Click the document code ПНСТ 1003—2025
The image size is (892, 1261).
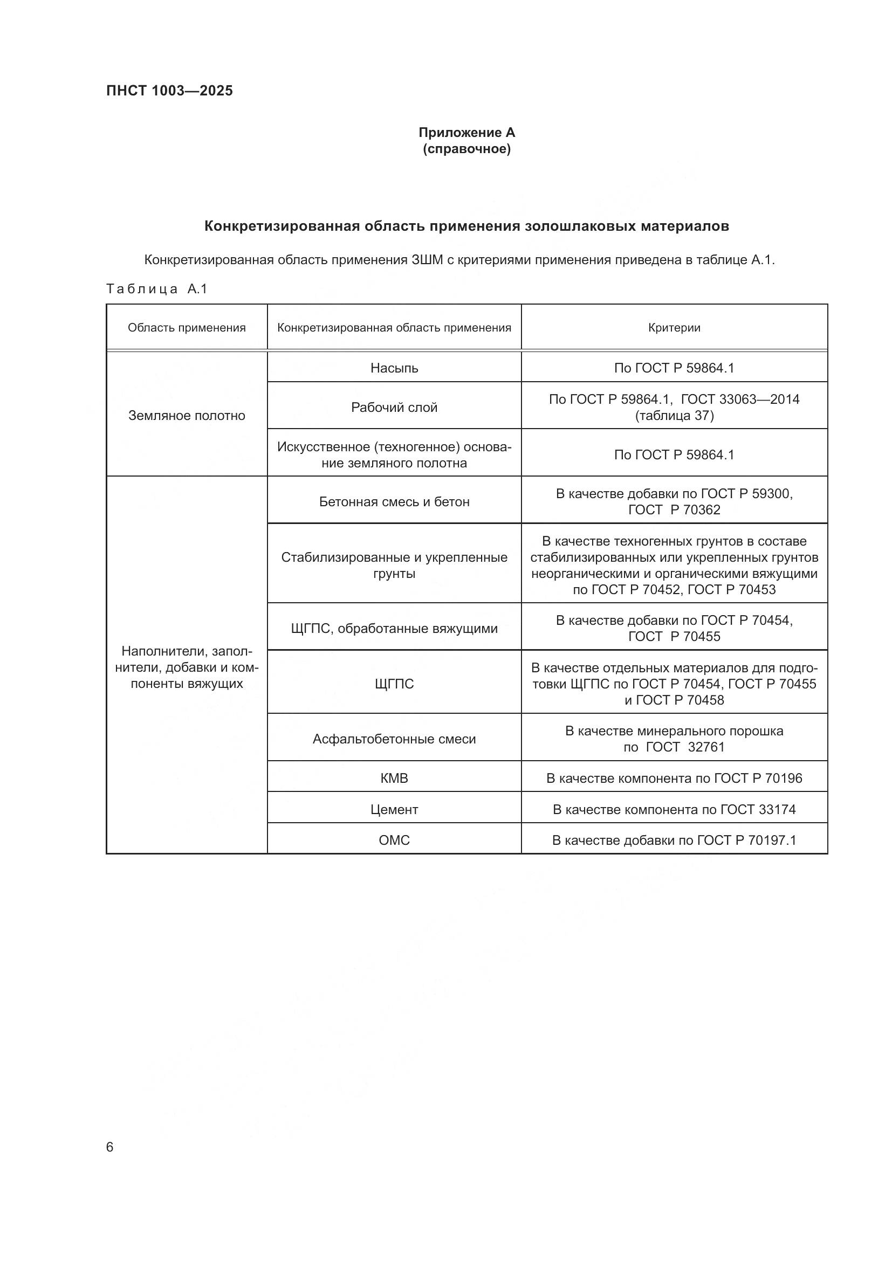(x=169, y=91)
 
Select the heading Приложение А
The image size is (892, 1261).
(x=466, y=133)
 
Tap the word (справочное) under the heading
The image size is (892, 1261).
(x=466, y=149)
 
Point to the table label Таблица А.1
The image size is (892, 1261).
(x=156, y=289)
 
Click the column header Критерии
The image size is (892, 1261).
(x=674, y=328)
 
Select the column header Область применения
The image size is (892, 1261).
(x=187, y=328)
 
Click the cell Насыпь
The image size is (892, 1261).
(x=394, y=368)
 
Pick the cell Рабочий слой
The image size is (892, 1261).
(x=394, y=408)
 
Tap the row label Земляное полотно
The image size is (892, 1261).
(x=187, y=415)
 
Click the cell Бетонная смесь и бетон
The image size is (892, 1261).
(x=394, y=501)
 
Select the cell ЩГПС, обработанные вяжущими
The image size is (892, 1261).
(x=394, y=628)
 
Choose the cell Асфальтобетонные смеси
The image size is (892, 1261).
(x=394, y=739)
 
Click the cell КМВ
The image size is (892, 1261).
(x=394, y=778)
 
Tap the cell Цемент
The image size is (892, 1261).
(x=394, y=810)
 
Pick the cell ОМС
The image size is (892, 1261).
(x=394, y=840)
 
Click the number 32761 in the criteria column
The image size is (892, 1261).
(x=706, y=747)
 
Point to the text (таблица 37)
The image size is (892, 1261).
(x=674, y=416)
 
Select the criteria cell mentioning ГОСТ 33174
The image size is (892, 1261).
(x=674, y=810)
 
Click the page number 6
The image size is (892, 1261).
(x=110, y=1147)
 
